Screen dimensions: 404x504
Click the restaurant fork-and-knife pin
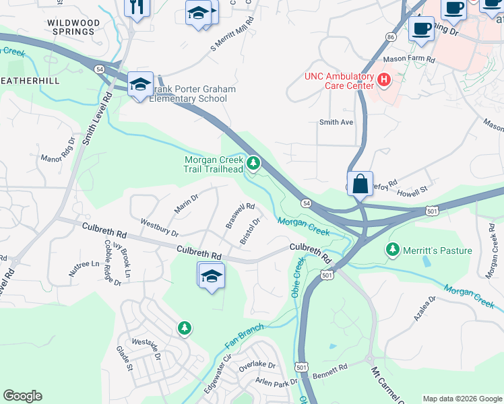pyautogui.click(x=137, y=7)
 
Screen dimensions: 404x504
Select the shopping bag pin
pyautogui.click(x=360, y=182)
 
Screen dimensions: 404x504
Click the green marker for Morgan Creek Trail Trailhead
pyautogui.click(x=253, y=163)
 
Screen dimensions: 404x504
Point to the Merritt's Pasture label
pyautogui.click(x=438, y=250)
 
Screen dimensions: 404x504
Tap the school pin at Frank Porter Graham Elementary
pyautogui.click(x=140, y=85)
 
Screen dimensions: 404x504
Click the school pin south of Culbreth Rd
pyautogui.click(x=212, y=276)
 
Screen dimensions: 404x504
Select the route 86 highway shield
pyautogui.click(x=390, y=38)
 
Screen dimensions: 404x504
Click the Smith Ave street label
pyautogui.click(x=336, y=123)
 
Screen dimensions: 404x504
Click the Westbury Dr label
pyautogui.click(x=159, y=227)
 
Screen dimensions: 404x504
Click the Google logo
pyautogui.click(x=23, y=396)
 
